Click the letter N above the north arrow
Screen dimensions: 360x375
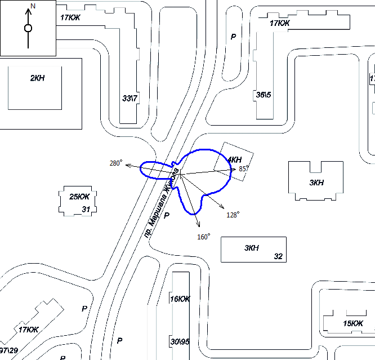(x=33, y=5)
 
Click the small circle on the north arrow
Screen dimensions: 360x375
(x=28, y=28)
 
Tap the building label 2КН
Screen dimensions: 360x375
(x=37, y=78)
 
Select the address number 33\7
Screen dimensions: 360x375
(x=130, y=98)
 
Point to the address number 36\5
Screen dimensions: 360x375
(x=264, y=95)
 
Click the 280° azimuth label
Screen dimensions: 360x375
(x=115, y=163)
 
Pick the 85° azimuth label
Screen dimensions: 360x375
(x=244, y=168)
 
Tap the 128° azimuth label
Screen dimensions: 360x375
(x=233, y=215)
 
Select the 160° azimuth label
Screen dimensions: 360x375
(x=203, y=237)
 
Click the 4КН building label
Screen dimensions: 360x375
(x=234, y=160)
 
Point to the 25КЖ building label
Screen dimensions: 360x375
(x=79, y=197)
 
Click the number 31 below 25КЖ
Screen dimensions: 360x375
(x=86, y=210)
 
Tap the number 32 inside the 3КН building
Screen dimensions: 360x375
(x=278, y=256)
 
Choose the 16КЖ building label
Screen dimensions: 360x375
(x=180, y=299)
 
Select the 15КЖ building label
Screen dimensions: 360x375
(x=353, y=323)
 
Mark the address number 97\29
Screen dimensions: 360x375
(x=8, y=351)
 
